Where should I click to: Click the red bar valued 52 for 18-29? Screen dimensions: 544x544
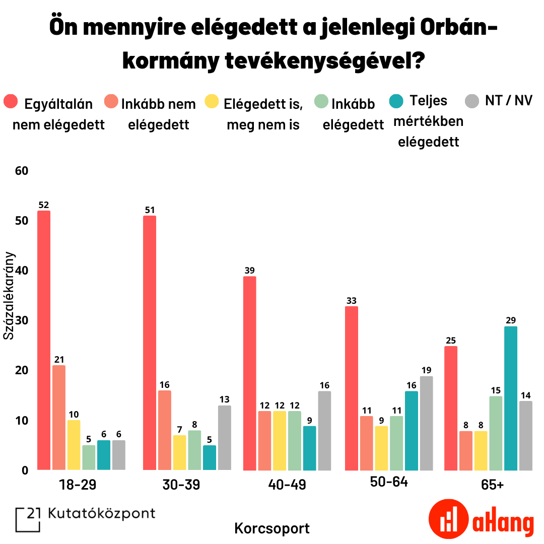[x=44, y=340]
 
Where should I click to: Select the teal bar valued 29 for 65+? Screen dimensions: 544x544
[x=511, y=398]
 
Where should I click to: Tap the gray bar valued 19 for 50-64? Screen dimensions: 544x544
[x=426, y=423]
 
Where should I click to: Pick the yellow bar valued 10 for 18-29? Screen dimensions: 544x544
[x=74, y=445]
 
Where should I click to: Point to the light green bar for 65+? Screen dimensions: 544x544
[x=496, y=433]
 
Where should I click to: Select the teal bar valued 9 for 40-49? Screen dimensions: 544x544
[x=309, y=448]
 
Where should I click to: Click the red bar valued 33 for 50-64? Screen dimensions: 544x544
[x=351, y=388]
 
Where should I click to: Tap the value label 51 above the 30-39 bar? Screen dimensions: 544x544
[x=150, y=210]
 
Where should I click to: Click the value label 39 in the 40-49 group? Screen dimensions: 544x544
[x=250, y=270]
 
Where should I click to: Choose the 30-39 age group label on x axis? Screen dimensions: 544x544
[x=181, y=485]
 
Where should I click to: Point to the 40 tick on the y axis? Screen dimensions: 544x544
[x=21, y=270]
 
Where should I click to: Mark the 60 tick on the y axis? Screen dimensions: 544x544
[x=21, y=171]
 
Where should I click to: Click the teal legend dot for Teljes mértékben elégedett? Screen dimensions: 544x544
[x=397, y=101]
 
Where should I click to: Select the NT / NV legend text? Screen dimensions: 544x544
[x=509, y=100]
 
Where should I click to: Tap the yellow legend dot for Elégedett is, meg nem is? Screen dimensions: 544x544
[x=212, y=102]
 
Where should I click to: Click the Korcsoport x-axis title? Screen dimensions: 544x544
[x=272, y=528]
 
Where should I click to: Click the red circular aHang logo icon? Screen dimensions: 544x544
[x=449, y=519]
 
